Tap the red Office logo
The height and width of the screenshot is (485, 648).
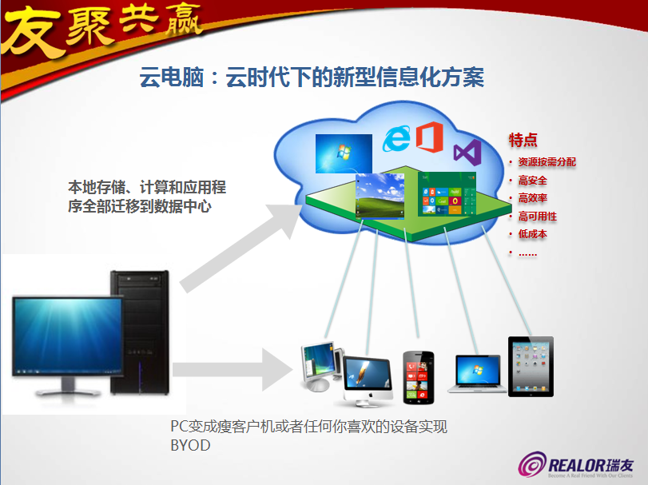point(429,137)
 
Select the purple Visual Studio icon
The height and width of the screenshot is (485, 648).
point(466,153)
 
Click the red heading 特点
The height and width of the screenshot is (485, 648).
point(523,141)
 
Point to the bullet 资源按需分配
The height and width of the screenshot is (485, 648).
point(547,162)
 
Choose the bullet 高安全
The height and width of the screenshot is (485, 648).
point(532,181)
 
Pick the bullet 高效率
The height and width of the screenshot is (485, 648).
point(532,198)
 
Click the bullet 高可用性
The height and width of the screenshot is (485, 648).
point(537,217)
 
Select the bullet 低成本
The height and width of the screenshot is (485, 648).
point(532,234)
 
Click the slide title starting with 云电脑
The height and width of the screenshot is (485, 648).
point(312,78)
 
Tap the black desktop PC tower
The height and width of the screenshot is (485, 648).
point(140,326)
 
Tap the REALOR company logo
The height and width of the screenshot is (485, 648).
point(567,464)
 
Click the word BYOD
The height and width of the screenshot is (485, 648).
point(190,446)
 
